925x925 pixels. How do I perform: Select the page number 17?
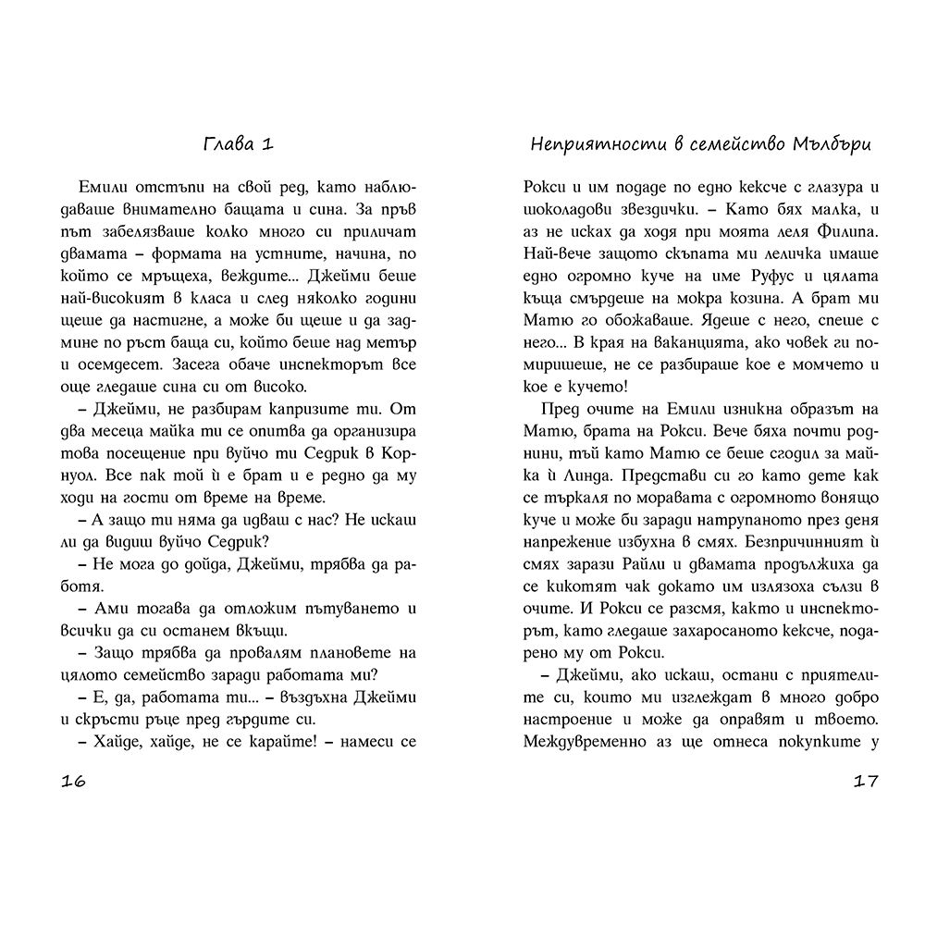865,780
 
